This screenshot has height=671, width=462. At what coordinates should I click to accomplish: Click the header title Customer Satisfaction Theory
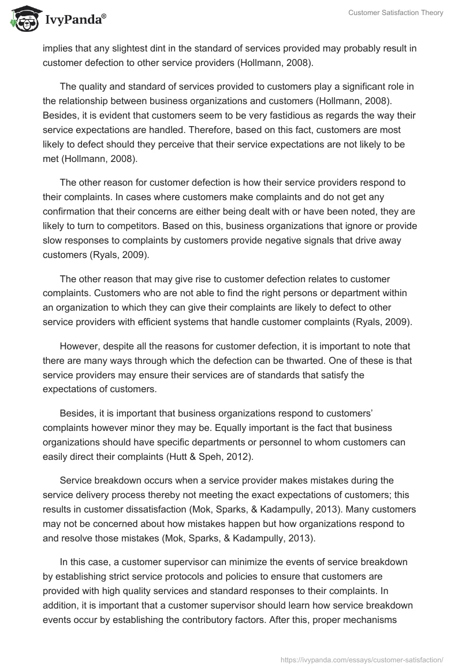click(396, 12)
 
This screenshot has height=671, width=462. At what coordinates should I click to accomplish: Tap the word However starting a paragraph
click(80, 348)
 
